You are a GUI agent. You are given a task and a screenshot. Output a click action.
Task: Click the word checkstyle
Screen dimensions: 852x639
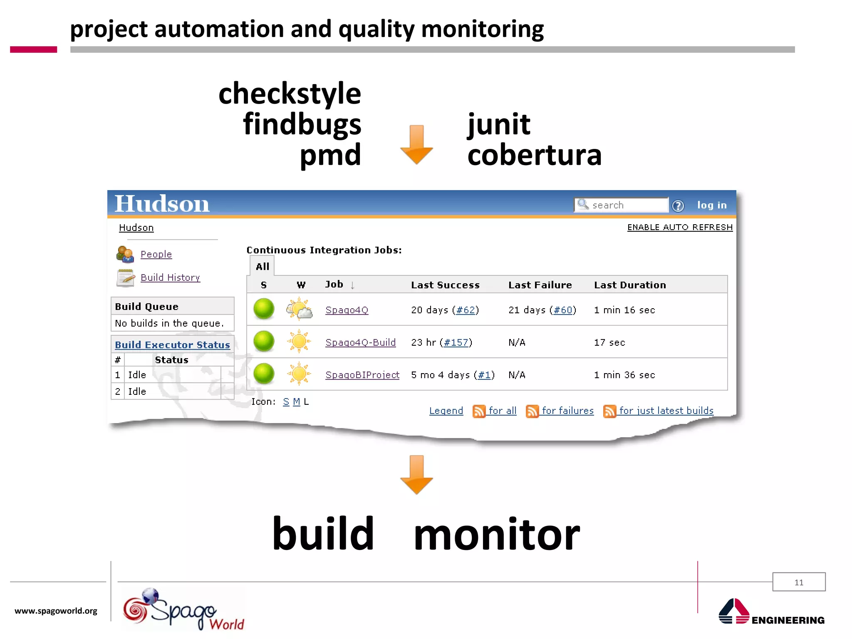point(290,94)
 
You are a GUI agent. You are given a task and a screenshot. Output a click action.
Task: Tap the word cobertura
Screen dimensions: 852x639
point(534,155)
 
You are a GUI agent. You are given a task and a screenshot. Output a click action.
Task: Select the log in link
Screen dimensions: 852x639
point(712,205)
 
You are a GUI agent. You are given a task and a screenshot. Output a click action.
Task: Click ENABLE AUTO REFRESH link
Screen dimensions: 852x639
point(680,227)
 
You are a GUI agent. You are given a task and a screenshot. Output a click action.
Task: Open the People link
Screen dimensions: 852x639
point(156,254)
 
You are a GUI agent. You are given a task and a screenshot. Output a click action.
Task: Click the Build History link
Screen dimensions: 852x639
point(170,277)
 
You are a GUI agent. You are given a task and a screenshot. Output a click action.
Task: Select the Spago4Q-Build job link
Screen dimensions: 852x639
point(360,342)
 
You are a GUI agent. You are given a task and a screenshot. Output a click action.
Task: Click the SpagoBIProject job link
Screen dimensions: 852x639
point(362,375)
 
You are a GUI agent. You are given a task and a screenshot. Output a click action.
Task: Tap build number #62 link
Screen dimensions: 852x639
point(466,310)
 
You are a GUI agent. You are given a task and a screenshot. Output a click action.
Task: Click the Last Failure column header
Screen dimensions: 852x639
point(540,285)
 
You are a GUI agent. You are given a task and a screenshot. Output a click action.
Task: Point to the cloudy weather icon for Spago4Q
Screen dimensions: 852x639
point(299,309)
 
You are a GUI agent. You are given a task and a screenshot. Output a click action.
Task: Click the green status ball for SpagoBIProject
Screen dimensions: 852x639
point(264,374)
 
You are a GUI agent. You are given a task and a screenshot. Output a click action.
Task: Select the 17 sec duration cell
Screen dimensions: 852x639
point(609,342)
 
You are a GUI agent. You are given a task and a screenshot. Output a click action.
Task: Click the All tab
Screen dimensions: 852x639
point(262,267)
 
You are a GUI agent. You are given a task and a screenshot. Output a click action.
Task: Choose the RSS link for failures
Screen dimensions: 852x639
point(567,411)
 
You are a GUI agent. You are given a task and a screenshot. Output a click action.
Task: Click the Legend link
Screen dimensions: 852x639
point(446,411)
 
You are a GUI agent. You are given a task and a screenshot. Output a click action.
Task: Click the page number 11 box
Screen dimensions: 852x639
point(799,582)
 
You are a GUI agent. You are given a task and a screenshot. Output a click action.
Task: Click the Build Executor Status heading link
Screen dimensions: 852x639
point(172,345)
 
